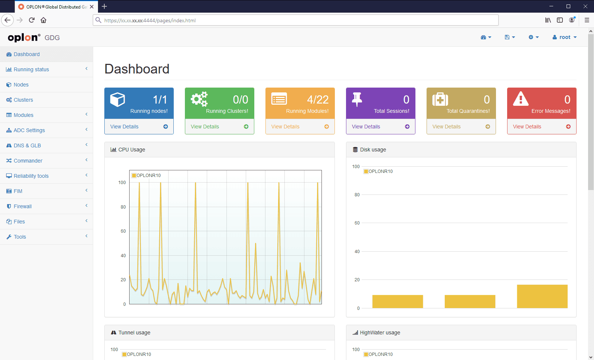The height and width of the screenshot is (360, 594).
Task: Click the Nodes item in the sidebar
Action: (x=21, y=85)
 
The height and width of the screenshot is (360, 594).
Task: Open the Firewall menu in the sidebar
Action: (x=23, y=206)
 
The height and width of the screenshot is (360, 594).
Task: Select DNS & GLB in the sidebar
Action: (x=27, y=145)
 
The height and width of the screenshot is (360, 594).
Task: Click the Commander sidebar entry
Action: (x=28, y=161)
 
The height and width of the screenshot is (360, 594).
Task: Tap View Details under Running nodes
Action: (x=124, y=127)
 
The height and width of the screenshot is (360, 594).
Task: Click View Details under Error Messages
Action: (x=527, y=127)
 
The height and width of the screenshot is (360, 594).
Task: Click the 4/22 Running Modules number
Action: (x=318, y=100)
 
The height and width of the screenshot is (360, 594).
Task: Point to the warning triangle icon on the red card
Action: (x=520, y=99)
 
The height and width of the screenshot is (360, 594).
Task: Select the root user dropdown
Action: (x=565, y=37)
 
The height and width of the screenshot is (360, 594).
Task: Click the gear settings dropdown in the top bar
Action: (x=533, y=37)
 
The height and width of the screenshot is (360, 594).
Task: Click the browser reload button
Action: (x=32, y=20)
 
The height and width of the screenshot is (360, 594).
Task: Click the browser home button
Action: (x=43, y=20)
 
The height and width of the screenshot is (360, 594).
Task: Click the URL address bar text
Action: (x=150, y=20)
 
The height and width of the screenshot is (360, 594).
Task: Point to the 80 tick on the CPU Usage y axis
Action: (x=123, y=207)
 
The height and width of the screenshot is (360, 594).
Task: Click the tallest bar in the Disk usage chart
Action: (x=542, y=297)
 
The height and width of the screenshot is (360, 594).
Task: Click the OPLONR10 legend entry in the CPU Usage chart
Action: (x=146, y=176)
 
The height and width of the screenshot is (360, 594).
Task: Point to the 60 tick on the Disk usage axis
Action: (x=357, y=223)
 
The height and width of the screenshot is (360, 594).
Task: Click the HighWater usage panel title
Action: (x=380, y=333)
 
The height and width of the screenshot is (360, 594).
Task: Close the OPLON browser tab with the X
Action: (x=92, y=7)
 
